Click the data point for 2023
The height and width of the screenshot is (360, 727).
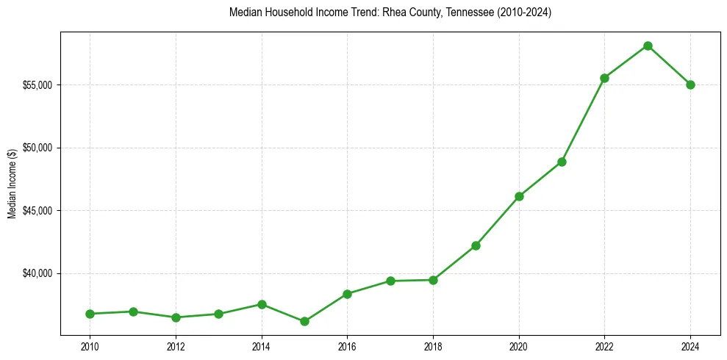click(648, 46)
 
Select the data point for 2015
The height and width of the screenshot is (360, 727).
click(304, 321)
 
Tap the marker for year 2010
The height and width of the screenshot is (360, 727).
click(90, 314)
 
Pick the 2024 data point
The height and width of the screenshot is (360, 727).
click(690, 84)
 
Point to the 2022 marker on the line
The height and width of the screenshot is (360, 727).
click(604, 78)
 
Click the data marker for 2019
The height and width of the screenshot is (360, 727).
click(476, 245)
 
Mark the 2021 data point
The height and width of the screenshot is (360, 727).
click(562, 162)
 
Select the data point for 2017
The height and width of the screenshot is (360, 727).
click(390, 281)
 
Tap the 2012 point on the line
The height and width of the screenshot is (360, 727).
click(176, 317)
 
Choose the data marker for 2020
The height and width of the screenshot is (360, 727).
click(519, 196)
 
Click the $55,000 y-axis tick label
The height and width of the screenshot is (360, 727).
click(37, 85)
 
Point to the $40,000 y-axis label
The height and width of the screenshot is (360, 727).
click(37, 273)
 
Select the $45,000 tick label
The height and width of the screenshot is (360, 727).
click(37, 211)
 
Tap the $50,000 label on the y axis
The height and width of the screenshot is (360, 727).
click(37, 148)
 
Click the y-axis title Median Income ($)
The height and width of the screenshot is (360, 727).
click(12, 184)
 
